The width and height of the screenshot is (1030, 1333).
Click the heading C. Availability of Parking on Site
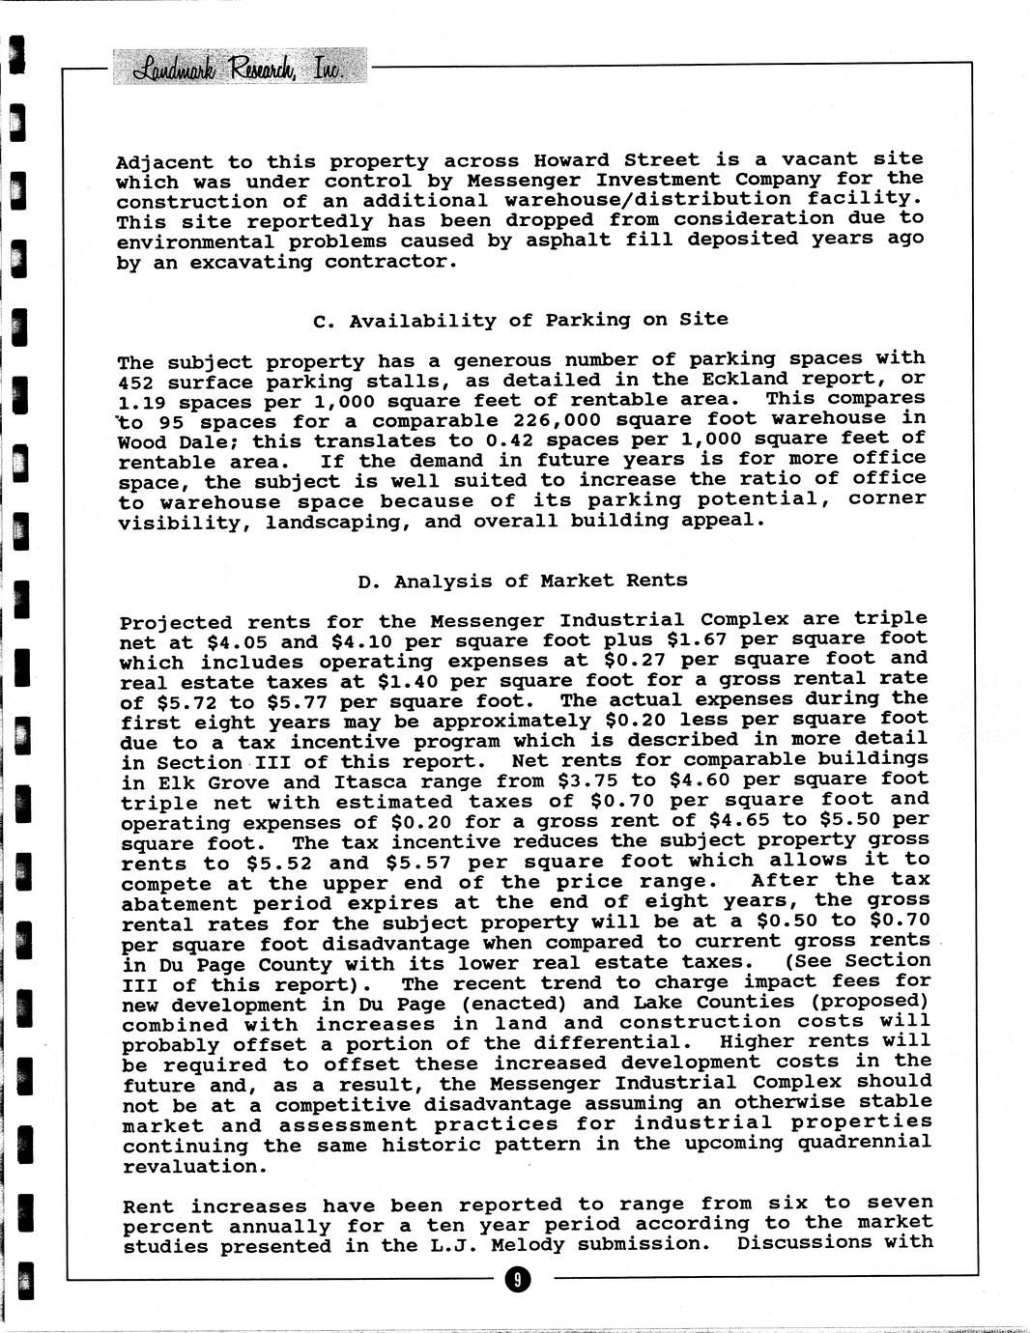(x=522, y=320)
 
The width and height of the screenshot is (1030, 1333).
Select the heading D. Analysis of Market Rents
(x=523, y=581)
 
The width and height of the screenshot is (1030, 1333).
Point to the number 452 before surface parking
(x=134, y=383)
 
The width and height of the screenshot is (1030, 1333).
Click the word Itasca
(x=370, y=782)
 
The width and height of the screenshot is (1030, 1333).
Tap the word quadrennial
(x=872, y=1143)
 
